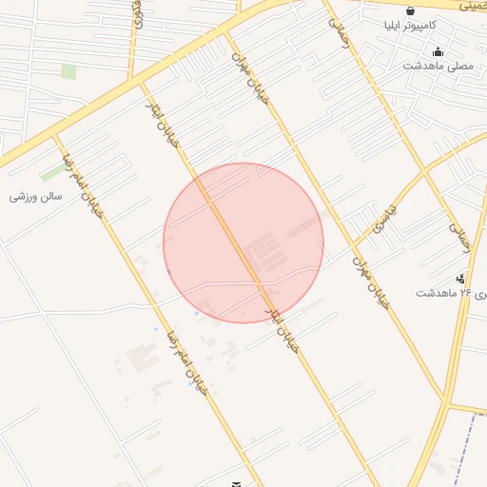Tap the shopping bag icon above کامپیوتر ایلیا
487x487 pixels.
tap(410, 11)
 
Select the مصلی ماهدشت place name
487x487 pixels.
tap(437, 66)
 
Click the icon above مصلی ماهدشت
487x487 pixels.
tap(437, 51)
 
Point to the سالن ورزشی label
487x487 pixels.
tap(36, 196)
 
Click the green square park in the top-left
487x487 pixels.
tap(68, 71)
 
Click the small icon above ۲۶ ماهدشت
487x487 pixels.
tap(460, 279)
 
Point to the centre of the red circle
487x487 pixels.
tap(243, 243)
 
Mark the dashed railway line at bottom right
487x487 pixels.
tap(466, 447)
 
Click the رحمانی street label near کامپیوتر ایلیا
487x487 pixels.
tap(339, 36)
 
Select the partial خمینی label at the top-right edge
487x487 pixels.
tap(473, 5)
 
